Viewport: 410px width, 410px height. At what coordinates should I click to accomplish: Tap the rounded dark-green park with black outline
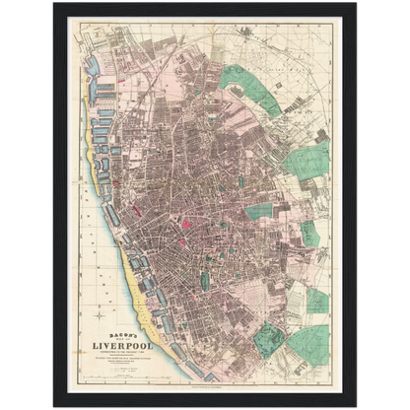click(x=268, y=341)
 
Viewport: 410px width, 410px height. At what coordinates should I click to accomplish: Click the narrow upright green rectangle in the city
click(x=204, y=280)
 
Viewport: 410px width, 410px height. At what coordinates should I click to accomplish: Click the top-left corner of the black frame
click(x=53, y=2)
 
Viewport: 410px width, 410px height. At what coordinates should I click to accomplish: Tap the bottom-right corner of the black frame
click(x=356, y=407)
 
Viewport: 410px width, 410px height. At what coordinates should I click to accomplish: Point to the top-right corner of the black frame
click(x=356, y=2)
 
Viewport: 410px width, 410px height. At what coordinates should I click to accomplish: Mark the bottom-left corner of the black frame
click(x=53, y=407)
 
